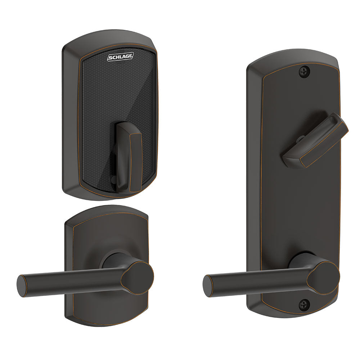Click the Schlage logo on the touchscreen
[x=121, y=57]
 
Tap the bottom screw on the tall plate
[x=304, y=305]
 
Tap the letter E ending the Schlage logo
[x=131, y=57]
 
